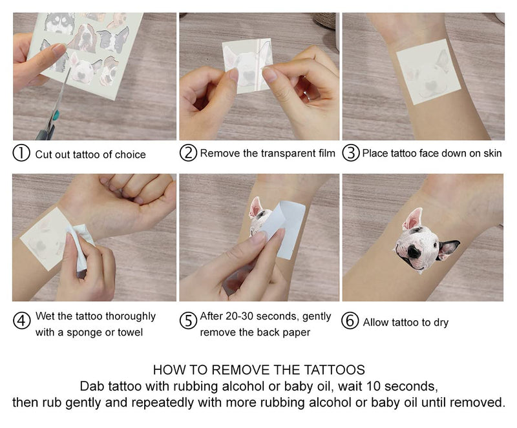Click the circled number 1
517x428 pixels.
tap(21, 154)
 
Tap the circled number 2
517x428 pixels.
tap(188, 154)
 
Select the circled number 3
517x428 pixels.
tap(350, 154)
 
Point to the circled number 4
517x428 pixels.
tap(21, 321)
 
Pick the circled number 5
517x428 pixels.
tap(188, 321)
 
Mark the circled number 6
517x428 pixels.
tap(350, 321)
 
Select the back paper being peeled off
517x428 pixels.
tap(284, 229)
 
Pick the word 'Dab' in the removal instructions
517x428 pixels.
tap(91, 387)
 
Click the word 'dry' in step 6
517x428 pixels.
tap(440, 322)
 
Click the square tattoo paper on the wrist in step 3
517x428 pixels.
tap(423, 71)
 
